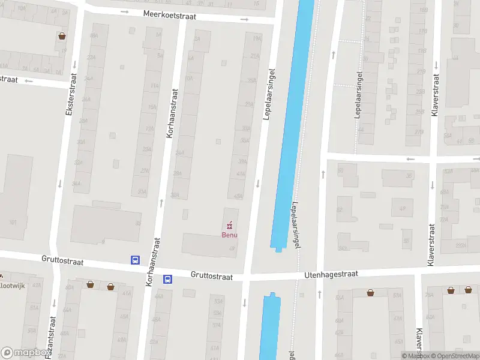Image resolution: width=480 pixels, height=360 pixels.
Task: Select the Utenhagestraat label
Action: (x=331, y=274)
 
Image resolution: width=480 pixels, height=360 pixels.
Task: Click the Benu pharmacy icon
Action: (x=229, y=226)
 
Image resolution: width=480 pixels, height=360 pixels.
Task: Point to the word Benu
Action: (x=229, y=235)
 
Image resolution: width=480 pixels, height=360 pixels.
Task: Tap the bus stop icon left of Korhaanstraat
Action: (x=136, y=260)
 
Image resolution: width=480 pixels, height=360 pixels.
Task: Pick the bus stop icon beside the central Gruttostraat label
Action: (x=168, y=279)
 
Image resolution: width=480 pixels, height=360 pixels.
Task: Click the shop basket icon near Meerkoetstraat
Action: (x=62, y=35)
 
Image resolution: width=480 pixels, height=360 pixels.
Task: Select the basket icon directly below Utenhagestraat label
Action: (x=371, y=293)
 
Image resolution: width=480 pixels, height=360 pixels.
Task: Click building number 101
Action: (x=14, y=222)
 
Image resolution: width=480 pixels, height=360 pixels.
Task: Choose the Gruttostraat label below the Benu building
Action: (x=211, y=276)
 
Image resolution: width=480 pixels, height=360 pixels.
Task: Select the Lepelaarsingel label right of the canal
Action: (x=295, y=222)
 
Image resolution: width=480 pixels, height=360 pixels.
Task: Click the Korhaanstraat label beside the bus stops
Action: (x=150, y=270)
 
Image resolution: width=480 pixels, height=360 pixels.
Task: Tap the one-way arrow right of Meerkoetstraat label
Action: (x=244, y=19)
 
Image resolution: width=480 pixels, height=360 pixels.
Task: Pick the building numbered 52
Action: (x=340, y=210)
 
